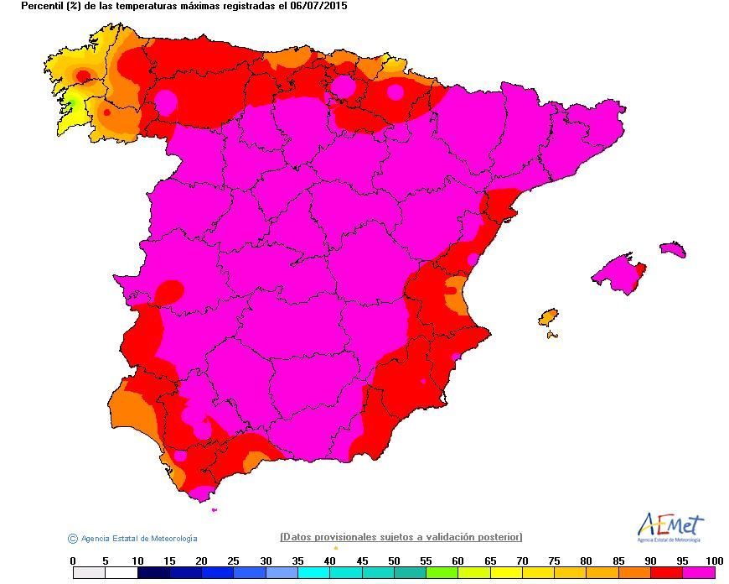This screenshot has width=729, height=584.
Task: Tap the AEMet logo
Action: [x=670, y=527]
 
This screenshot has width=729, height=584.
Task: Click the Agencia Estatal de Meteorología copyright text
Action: [x=132, y=539]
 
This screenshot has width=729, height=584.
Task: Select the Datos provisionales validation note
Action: [x=401, y=537]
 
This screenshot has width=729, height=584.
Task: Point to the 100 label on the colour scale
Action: [x=714, y=561]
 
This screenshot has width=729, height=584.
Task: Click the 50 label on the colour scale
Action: [x=394, y=561]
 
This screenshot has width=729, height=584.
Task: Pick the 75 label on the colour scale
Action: [x=554, y=561]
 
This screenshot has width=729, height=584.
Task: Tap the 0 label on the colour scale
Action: [x=73, y=561]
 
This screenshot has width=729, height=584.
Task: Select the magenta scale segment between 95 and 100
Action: [x=698, y=573]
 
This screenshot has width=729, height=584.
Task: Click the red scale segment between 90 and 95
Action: [x=666, y=573]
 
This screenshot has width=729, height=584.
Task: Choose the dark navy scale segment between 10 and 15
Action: [x=153, y=573]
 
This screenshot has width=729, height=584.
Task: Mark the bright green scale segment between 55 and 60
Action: [x=442, y=573]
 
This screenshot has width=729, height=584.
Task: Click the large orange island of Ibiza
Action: [x=549, y=318]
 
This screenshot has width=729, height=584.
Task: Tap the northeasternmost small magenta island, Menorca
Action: [x=673, y=248]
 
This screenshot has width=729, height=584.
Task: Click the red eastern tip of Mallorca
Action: [x=641, y=272]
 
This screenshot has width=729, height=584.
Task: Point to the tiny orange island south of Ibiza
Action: [x=552, y=335]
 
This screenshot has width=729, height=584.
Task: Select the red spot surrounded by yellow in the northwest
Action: [x=83, y=75]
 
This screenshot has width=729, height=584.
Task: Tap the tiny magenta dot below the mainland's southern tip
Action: [x=215, y=510]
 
